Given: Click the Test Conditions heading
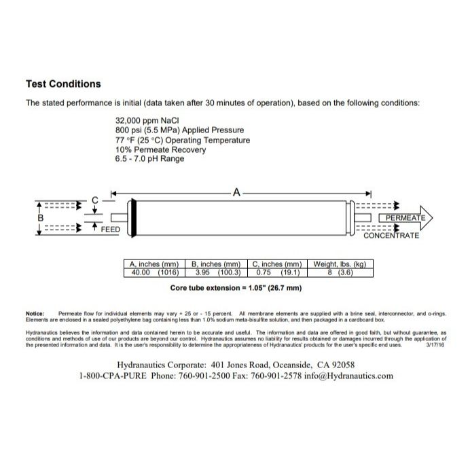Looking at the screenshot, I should click(63, 84).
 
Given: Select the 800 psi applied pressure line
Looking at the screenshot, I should click(179, 130).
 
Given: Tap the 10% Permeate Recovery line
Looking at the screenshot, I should click(158, 149).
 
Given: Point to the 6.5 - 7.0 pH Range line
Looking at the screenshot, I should click(149, 159).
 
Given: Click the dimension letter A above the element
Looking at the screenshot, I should click(236, 193).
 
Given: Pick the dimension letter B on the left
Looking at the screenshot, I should click(41, 218).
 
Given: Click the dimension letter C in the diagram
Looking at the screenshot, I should click(95, 200).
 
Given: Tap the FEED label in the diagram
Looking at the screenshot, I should click(111, 230).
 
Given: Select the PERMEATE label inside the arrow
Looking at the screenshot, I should click(405, 218).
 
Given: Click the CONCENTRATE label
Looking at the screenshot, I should click(391, 236).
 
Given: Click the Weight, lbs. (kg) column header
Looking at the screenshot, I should click(340, 264).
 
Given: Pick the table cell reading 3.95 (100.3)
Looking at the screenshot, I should click(216, 273).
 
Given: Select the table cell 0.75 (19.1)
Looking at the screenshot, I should click(277, 273).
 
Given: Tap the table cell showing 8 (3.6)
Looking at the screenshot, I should click(340, 273).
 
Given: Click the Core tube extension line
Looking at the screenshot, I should click(235, 289).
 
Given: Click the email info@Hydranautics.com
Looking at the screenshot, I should click(349, 376).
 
